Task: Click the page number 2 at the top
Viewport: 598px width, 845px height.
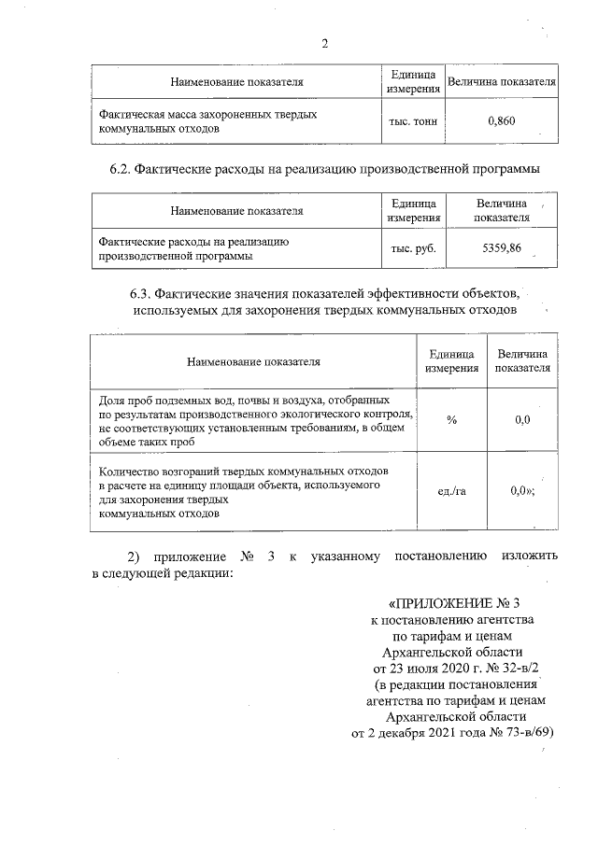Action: point(324,43)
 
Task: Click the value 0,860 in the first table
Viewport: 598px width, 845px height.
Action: point(502,120)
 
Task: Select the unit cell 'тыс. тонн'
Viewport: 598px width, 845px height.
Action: point(413,120)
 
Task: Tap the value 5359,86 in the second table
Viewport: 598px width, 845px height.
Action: point(502,247)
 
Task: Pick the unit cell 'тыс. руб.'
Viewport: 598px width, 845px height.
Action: point(413,247)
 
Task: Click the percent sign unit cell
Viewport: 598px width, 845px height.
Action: point(452,420)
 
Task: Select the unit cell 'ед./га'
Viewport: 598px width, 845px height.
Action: point(452,491)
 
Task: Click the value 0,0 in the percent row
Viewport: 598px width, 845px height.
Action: point(522,420)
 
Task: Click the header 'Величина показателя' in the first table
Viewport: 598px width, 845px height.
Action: point(502,82)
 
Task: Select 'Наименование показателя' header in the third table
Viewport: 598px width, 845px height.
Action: point(253,360)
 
